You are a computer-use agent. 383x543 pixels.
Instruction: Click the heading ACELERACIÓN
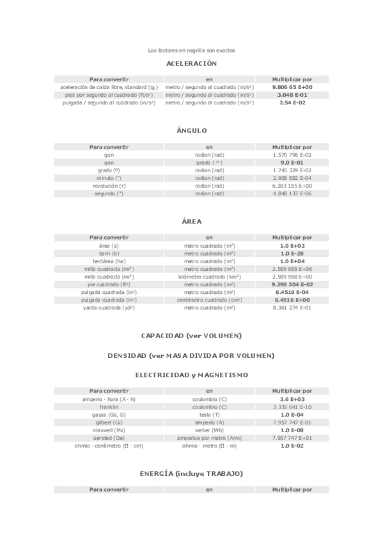tap(191, 63)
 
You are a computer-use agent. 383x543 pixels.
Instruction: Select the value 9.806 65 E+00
tap(292, 87)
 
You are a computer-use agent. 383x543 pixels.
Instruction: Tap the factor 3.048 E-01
tap(292, 95)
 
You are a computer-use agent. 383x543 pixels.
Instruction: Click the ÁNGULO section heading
tap(191, 131)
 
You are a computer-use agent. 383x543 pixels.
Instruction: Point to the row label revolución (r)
tap(109, 186)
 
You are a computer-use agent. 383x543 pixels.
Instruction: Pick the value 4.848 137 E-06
tap(292, 193)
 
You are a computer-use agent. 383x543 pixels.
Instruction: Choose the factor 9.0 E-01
tap(292, 163)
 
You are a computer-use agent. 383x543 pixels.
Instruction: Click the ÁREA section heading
tap(191, 222)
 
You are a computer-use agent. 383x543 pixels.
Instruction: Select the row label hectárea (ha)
tap(109, 261)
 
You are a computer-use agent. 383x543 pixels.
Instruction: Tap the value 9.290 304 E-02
tap(292, 284)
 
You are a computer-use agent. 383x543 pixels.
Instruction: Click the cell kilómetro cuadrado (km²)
tap(209, 277)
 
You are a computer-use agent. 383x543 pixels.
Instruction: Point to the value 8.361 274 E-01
tap(292, 307)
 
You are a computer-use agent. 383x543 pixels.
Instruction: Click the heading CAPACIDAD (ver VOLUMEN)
tap(191, 336)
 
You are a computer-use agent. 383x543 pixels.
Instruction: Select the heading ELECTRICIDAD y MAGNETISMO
tap(191, 375)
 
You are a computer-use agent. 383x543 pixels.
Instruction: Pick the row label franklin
tap(109, 407)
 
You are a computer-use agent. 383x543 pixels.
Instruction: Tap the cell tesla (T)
tap(209, 414)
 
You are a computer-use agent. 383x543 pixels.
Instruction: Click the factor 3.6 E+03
tap(292, 399)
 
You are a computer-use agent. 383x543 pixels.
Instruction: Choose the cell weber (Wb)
tap(209, 430)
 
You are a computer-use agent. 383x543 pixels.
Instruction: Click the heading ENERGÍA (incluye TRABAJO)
tap(191, 473)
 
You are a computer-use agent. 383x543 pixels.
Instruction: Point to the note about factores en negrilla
tap(191, 50)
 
